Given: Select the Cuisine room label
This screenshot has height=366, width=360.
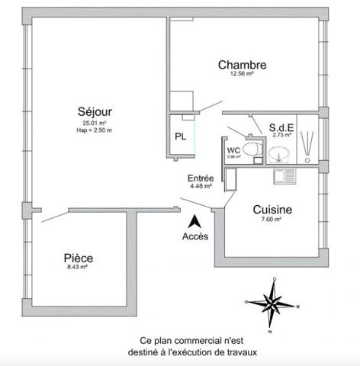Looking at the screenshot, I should click(272, 209).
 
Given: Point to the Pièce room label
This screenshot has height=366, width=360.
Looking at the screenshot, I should click(79, 258).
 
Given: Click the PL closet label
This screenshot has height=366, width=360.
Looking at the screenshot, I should click(180, 137).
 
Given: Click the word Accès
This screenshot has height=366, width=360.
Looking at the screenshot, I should click(194, 236).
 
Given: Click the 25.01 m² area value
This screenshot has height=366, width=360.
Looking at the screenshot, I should click(95, 123).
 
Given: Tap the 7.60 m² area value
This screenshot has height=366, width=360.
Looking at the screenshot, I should click(272, 220).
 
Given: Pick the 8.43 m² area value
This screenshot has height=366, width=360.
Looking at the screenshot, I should click(79, 268).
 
